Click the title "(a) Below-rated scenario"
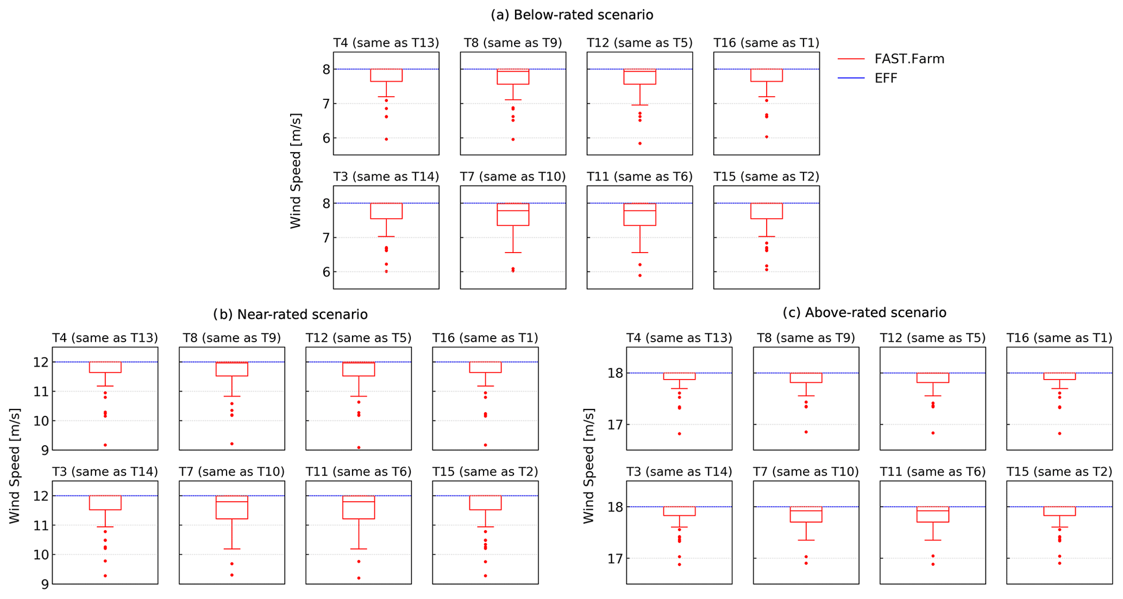572,15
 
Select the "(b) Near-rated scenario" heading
290,314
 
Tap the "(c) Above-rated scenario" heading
864,312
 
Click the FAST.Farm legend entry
909,59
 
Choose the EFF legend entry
886,78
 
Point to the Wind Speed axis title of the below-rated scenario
296,171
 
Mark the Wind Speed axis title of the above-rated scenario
588,465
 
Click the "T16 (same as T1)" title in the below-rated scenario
766,43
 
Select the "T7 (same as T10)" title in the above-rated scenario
806,472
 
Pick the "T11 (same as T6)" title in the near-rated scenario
358,472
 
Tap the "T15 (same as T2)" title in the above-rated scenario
1059,472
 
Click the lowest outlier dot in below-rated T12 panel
640,143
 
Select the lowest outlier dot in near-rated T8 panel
232,444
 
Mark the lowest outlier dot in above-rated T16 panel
1059,433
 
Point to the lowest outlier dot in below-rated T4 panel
386,139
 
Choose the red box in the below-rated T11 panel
640,215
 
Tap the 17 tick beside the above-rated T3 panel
614,558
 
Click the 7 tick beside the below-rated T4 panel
326,104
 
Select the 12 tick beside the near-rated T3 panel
41,496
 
